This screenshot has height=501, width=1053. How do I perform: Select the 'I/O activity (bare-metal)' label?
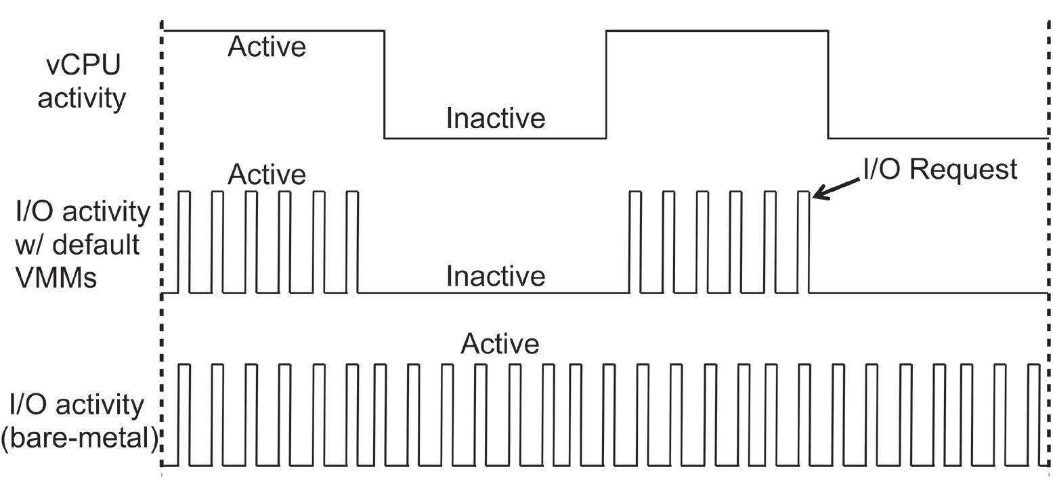coord(81,421)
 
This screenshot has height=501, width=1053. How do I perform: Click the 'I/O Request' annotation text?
coord(939,169)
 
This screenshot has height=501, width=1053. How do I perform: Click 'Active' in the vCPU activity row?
coord(267,47)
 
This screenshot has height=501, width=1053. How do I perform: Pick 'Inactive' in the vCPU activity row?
coord(495,118)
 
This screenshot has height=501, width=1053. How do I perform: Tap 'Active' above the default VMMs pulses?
coord(267,175)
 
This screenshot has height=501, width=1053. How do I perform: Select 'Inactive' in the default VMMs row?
coord(495,276)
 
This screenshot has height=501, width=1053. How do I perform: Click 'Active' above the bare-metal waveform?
coord(500,344)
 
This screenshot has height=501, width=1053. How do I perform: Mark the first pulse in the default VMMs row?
coord(184,242)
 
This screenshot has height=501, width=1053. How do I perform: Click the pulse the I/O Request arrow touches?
coord(803,242)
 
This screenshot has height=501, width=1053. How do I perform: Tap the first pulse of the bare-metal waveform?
coord(184,414)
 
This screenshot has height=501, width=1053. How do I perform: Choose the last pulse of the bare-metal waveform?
coord(1033,414)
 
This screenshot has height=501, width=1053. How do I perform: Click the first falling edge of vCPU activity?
coord(385,85)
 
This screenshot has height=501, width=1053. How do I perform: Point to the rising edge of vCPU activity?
coord(606,85)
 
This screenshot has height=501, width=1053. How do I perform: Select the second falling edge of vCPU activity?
coord(828,85)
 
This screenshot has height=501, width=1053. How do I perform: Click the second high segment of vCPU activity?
coord(716,30)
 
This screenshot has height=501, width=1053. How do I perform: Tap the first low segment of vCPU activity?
coord(495,138)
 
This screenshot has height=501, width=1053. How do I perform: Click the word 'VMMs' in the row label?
coord(56,278)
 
